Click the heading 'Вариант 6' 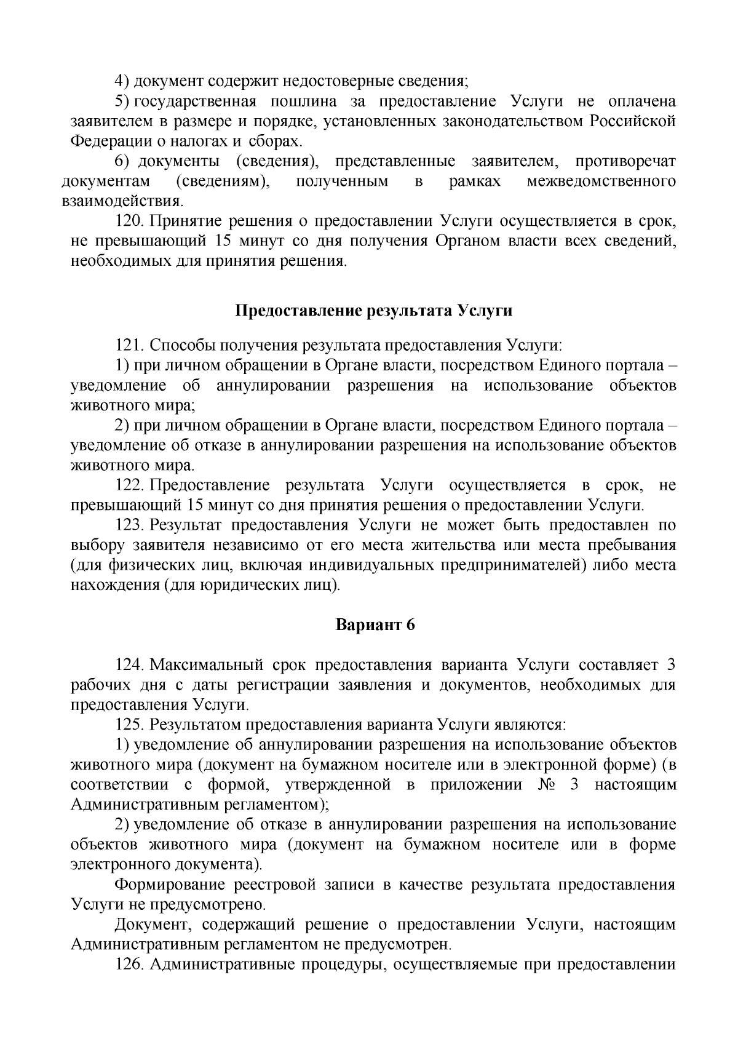375,625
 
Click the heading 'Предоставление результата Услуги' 375,311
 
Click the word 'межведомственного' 601,181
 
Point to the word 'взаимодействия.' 122,201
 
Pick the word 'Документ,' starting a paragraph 149,925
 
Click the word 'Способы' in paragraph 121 177,345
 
